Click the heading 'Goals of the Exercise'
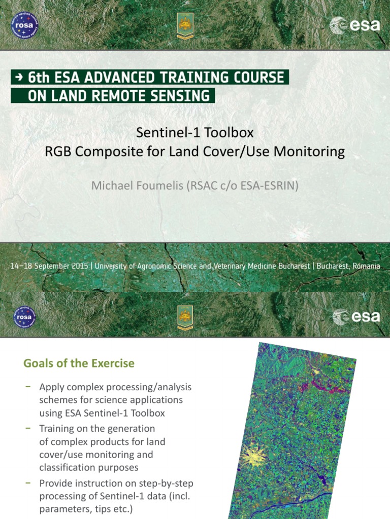coord(79,363)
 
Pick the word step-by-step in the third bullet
coord(162,483)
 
